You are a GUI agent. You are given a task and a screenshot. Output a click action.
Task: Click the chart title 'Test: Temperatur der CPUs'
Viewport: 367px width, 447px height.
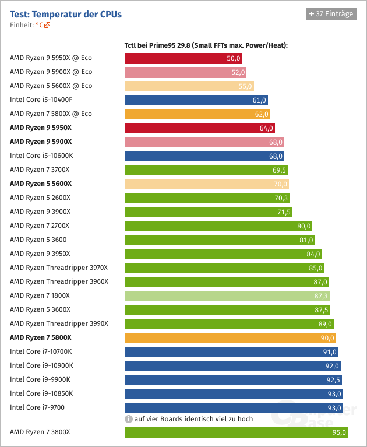pos(66,14)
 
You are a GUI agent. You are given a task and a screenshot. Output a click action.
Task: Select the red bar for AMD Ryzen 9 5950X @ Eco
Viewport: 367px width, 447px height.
pos(183,58)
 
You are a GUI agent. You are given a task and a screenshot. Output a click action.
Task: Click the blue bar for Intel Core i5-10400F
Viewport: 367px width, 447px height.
pos(196,100)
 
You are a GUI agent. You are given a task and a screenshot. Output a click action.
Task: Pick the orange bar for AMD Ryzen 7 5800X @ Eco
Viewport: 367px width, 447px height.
pos(197,114)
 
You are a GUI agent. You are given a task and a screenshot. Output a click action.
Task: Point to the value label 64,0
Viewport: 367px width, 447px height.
pos(266,128)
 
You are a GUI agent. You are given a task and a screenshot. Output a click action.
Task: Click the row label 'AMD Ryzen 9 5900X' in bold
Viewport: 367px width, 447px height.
pos(41,142)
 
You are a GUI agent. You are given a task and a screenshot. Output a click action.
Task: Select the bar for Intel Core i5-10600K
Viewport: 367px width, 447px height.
pos(204,156)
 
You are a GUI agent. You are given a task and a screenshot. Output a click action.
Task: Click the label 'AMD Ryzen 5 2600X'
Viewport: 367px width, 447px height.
pos(40,198)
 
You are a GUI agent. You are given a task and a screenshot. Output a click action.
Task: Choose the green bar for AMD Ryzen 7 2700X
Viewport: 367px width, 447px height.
pos(218,226)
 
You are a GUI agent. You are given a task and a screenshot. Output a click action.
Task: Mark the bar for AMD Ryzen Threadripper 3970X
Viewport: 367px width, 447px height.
pos(224,268)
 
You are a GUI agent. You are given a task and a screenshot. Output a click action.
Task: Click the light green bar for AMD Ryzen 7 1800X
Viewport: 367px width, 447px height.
pos(227,296)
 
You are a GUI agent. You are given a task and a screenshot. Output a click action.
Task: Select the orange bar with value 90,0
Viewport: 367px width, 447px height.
pos(230,338)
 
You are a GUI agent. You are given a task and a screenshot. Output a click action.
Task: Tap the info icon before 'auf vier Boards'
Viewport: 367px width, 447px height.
pos(128,418)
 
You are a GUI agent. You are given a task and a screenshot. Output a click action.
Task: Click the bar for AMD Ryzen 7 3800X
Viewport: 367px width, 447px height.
pos(237,432)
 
